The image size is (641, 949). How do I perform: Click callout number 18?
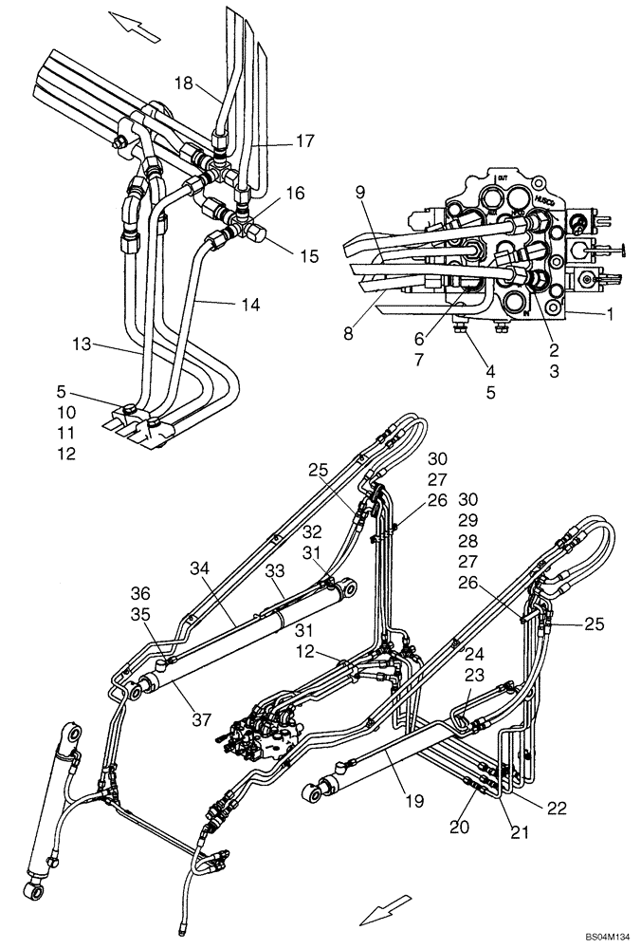tap(183, 84)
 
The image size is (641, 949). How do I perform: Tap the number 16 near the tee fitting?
tap(295, 193)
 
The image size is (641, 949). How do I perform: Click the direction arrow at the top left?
tap(133, 26)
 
